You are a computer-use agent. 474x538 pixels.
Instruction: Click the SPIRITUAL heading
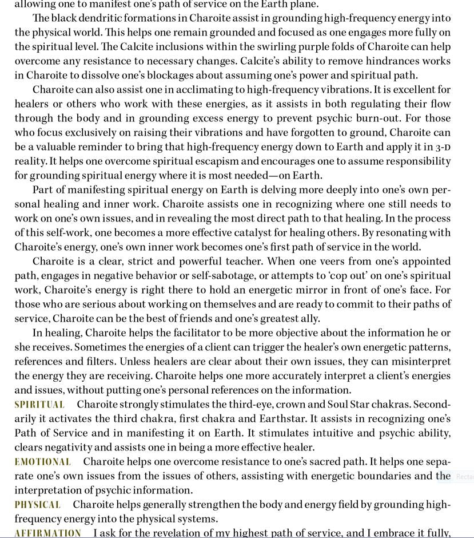point(39,405)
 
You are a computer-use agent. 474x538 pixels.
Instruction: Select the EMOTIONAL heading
point(43,462)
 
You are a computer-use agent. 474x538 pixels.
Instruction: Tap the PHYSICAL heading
point(38,505)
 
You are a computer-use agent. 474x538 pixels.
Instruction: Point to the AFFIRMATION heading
point(48,533)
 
